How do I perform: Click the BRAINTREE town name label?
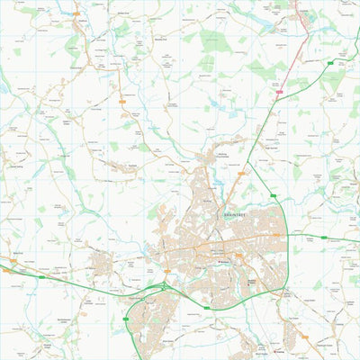[231, 217]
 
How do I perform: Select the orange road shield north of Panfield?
[122, 102]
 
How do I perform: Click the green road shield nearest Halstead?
[330, 64]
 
